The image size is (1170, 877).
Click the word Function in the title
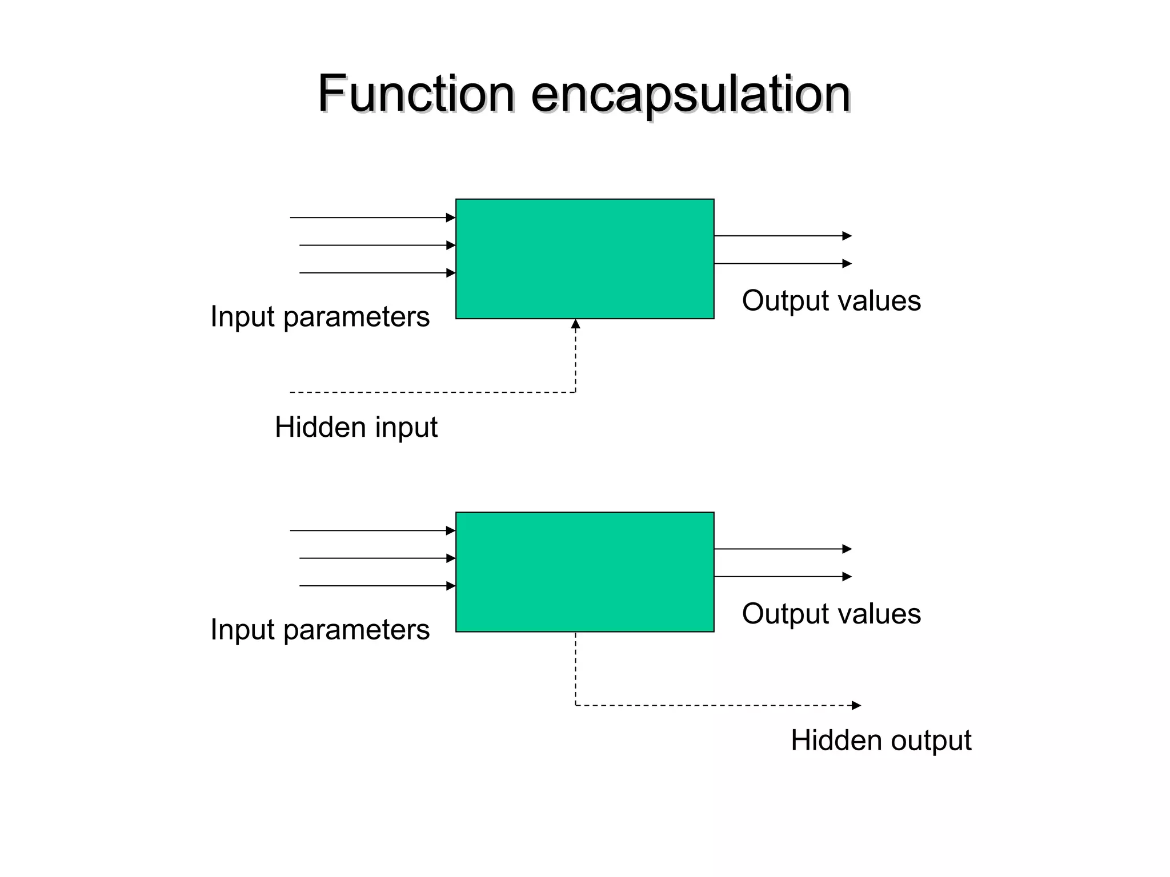[416, 94]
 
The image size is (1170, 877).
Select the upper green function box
[584, 259]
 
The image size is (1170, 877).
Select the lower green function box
[584, 572]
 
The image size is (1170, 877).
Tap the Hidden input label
[356, 427]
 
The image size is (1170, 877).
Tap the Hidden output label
[880, 741]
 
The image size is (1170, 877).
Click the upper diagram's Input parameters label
[320, 316]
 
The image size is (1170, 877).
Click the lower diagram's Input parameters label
[320, 629]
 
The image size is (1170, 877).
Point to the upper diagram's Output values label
[831, 300]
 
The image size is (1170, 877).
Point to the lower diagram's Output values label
[831, 614]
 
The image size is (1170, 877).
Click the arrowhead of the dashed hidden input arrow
[575, 324]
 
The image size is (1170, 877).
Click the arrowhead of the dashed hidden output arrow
[856, 705]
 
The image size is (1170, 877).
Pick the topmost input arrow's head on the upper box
[451, 218]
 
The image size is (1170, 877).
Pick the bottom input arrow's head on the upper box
[451, 273]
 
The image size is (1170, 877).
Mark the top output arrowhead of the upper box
[847, 236]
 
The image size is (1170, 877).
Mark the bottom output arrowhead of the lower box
[847, 577]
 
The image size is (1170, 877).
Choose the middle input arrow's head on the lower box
[451, 558]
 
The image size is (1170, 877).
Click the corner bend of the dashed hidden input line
[575, 392]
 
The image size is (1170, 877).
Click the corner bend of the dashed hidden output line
[575, 705]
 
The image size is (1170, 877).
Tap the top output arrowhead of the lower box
[847, 549]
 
